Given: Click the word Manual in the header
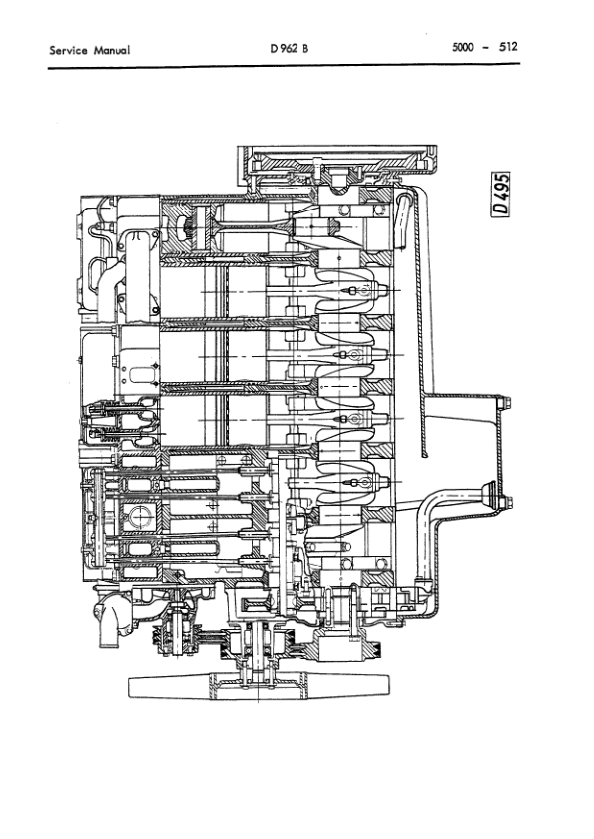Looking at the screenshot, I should [112, 48].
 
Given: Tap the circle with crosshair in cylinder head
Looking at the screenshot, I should [139, 517].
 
